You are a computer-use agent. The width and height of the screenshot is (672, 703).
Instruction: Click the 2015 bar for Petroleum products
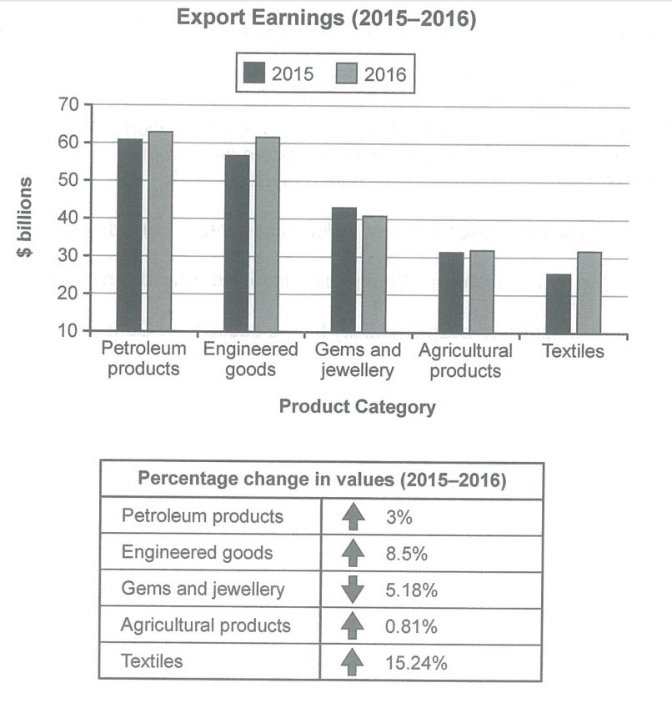click(x=129, y=235)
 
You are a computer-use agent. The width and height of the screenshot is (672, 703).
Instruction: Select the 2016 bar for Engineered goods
click(x=267, y=234)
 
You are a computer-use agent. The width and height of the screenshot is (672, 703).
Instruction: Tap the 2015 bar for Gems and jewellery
click(x=344, y=269)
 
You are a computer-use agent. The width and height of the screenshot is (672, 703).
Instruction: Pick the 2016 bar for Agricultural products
click(x=481, y=291)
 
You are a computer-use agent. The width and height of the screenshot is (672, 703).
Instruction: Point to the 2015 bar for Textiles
click(x=559, y=303)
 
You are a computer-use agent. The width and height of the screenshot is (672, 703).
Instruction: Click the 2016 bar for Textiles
click(x=589, y=292)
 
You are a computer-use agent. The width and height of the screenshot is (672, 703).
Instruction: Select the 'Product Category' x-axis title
click(x=357, y=407)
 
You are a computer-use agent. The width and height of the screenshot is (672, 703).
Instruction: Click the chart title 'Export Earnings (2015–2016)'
click(x=326, y=19)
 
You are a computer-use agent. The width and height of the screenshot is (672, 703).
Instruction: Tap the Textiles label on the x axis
click(x=573, y=351)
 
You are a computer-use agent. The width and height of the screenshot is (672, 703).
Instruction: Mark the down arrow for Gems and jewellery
click(x=354, y=590)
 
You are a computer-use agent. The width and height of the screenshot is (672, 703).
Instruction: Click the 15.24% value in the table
click(x=417, y=663)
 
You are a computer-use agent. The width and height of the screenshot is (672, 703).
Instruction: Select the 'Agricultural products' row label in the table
click(x=206, y=625)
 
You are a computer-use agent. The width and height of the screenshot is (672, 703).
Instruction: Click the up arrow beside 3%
click(x=354, y=517)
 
